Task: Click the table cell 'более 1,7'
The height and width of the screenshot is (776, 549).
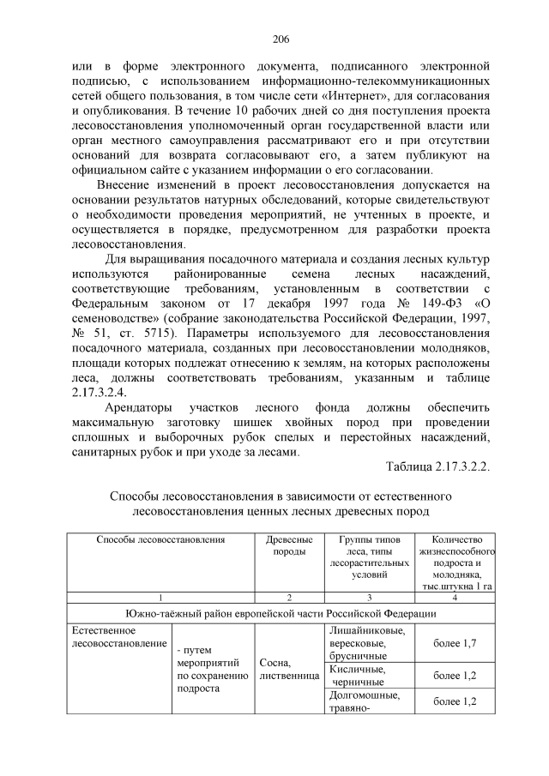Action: point(455,641)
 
